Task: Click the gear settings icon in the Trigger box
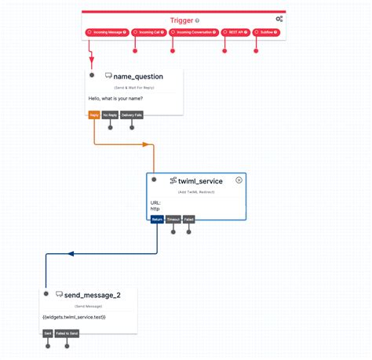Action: tap(279, 19)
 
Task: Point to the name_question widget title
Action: tap(137, 76)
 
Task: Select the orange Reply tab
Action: tap(94, 115)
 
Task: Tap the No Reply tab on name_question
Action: tap(110, 115)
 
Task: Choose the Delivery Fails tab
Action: tap(132, 115)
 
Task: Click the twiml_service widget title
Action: tap(200, 181)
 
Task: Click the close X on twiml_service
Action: tap(239, 180)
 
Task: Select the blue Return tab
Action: tap(157, 220)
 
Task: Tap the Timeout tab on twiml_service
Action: tap(173, 220)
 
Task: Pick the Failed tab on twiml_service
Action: tap(188, 220)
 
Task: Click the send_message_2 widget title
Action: tap(93, 295)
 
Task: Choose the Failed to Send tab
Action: tap(67, 333)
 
